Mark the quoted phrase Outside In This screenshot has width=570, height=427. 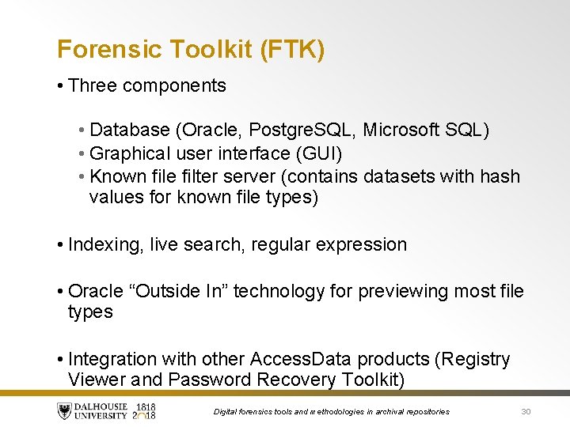[185, 291]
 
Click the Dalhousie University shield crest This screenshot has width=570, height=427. [64, 411]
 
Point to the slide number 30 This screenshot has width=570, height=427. [526, 411]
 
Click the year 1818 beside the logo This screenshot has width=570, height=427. [146, 406]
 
